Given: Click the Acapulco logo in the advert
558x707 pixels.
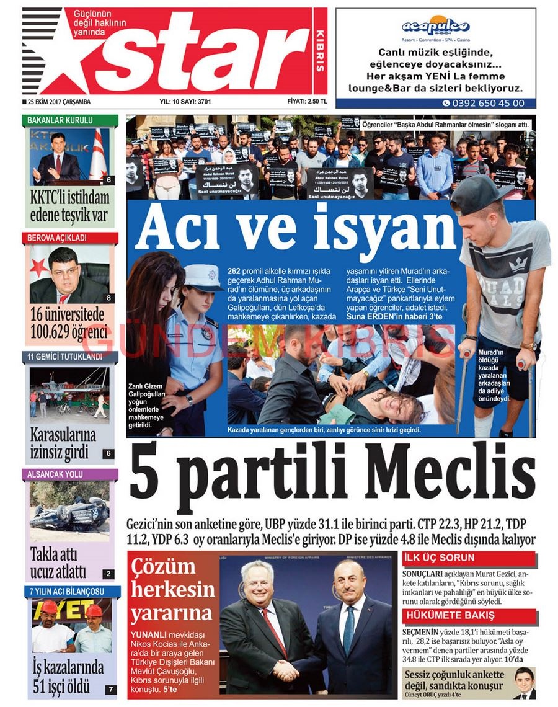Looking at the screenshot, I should coord(435,26).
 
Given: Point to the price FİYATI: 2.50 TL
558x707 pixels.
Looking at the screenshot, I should coord(306,102).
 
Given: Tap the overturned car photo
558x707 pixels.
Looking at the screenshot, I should coord(69,512).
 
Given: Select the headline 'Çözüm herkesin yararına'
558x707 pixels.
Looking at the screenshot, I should coord(172,589).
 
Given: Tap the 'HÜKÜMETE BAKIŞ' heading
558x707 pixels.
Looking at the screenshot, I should coord(450,615).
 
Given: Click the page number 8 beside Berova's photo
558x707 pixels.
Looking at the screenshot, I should coord(109,298).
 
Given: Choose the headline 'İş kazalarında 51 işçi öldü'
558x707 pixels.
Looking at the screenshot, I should coord(68,677).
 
